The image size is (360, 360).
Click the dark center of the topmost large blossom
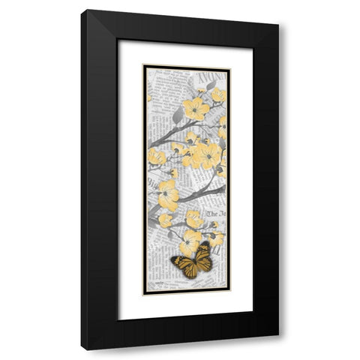click(x=196, y=109)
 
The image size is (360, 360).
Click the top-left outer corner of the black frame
click(x=82, y=10)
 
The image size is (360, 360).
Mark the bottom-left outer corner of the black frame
click(x=82, y=350)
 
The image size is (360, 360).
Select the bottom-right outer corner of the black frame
click(x=279, y=334)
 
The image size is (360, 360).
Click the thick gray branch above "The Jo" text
click(x=199, y=196)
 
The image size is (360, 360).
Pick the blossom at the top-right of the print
click(x=217, y=95)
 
